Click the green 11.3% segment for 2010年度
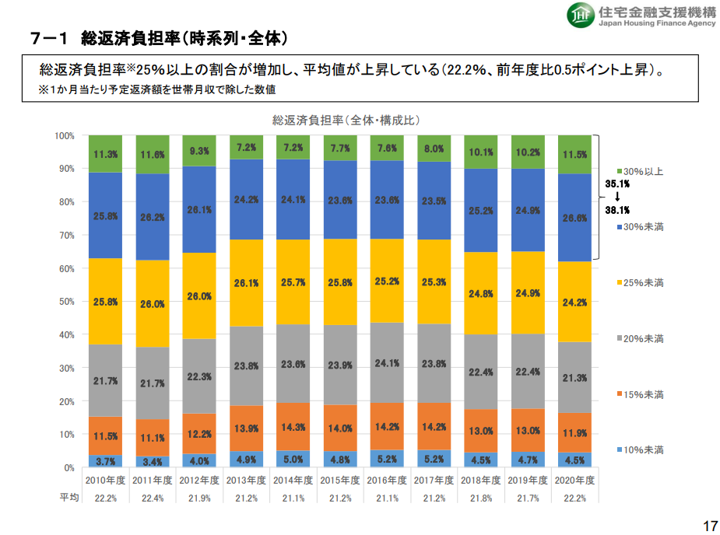(x=105, y=154)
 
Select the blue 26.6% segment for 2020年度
(x=574, y=218)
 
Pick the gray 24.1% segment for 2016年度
(x=387, y=362)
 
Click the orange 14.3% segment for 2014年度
(x=293, y=427)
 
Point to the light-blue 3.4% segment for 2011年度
(x=153, y=462)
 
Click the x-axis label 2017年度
(x=434, y=481)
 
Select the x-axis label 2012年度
(x=199, y=481)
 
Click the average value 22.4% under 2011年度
(x=153, y=498)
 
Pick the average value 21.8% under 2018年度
(x=480, y=498)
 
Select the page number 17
(x=709, y=526)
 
